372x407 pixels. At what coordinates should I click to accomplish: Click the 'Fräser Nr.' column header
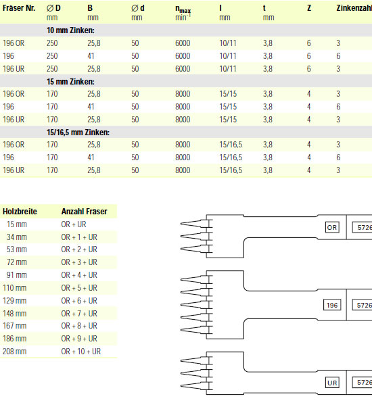(x=19, y=8)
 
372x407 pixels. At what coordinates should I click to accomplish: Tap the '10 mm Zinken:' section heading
(x=70, y=30)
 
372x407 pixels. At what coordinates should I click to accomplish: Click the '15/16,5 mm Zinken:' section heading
(x=78, y=133)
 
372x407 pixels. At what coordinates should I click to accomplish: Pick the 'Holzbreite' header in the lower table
(x=20, y=212)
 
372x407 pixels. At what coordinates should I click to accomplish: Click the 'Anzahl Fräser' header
(x=84, y=212)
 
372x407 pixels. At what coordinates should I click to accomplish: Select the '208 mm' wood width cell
(x=14, y=352)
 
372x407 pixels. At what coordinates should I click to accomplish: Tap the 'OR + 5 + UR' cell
(x=79, y=288)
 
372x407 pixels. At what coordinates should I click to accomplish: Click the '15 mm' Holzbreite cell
(x=17, y=224)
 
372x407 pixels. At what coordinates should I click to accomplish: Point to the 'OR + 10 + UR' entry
(x=81, y=352)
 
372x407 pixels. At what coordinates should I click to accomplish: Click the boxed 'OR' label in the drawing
(x=332, y=227)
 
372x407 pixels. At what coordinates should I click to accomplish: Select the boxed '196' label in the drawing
(x=332, y=305)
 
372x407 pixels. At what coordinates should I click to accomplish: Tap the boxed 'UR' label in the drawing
(x=332, y=383)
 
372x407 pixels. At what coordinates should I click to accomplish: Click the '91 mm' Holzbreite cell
(x=17, y=275)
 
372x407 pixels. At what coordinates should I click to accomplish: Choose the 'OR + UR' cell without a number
(x=74, y=224)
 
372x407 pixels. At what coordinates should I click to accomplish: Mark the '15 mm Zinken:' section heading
(x=70, y=82)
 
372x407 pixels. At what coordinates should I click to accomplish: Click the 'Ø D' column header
(x=53, y=8)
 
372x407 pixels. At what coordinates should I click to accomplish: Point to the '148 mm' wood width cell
(x=14, y=314)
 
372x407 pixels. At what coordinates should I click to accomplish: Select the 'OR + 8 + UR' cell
(x=79, y=326)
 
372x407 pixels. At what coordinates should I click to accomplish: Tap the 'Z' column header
(x=309, y=8)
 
